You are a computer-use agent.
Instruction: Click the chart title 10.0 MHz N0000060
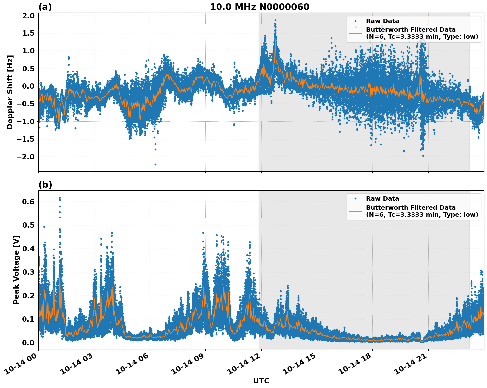(x=259, y=7)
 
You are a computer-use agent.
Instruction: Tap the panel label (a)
(x=45, y=7)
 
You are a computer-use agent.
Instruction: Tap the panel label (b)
(x=45, y=185)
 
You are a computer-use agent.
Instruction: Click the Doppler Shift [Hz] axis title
(x=10, y=92)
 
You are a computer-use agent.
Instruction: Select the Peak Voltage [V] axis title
(x=16, y=269)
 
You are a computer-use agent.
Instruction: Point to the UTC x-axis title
(x=261, y=381)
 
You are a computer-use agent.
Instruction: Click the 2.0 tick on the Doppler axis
(x=28, y=16)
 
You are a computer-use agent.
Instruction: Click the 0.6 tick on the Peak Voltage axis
(x=28, y=202)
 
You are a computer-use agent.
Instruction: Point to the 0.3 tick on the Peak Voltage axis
(x=28, y=272)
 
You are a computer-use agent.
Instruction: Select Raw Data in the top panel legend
(x=382, y=21)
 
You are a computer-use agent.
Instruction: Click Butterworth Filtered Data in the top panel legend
(x=411, y=30)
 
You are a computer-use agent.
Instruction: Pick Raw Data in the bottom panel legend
(x=382, y=199)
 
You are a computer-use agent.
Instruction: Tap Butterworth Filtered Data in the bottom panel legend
(x=411, y=208)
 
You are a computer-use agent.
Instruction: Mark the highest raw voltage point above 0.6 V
(x=60, y=198)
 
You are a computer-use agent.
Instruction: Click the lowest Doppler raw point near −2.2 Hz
(x=155, y=164)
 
